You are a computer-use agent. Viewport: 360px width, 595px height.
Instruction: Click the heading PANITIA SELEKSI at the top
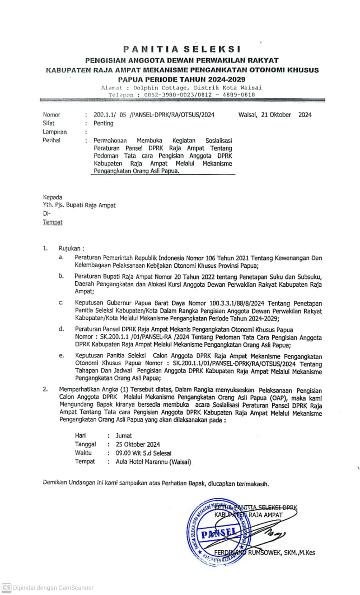pyautogui.click(x=182, y=48)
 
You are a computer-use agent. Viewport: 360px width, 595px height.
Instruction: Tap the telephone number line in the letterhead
pyautogui.click(x=182, y=95)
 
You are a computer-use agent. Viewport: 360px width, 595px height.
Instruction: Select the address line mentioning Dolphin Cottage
pyautogui.click(x=182, y=87)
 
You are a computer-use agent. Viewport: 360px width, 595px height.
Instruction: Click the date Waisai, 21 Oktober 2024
pyautogui.click(x=275, y=115)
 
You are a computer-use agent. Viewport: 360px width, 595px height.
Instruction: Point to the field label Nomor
pyautogui.click(x=52, y=115)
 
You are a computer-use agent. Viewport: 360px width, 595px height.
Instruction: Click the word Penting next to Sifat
pyautogui.click(x=103, y=123)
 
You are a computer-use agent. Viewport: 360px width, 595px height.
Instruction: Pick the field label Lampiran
pyautogui.click(x=55, y=132)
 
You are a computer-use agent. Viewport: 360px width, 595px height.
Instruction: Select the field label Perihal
pyautogui.click(x=52, y=140)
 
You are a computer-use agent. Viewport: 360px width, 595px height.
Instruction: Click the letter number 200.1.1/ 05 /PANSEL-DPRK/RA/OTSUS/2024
pyautogui.click(x=154, y=115)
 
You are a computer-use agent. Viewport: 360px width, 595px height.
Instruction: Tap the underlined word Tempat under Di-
pyautogui.click(x=52, y=222)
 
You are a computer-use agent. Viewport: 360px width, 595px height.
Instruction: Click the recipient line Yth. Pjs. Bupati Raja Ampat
pyautogui.click(x=79, y=205)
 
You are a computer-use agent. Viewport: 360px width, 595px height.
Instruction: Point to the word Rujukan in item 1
pyautogui.click(x=72, y=248)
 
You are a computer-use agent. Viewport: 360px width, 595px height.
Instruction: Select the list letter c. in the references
pyautogui.click(x=61, y=303)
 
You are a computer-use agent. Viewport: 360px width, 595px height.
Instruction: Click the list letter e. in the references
pyautogui.click(x=61, y=356)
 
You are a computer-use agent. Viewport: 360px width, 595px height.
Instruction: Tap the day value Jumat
pyautogui.click(x=124, y=436)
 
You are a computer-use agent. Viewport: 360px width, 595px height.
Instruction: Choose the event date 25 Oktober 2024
pyautogui.click(x=138, y=444)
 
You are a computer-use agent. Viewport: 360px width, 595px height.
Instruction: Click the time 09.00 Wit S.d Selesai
pyautogui.click(x=144, y=453)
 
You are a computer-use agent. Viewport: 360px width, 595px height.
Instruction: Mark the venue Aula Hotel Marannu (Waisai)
pyautogui.click(x=153, y=462)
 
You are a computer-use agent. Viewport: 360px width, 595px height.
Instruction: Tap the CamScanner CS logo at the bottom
pyautogui.click(x=6, y=588)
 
